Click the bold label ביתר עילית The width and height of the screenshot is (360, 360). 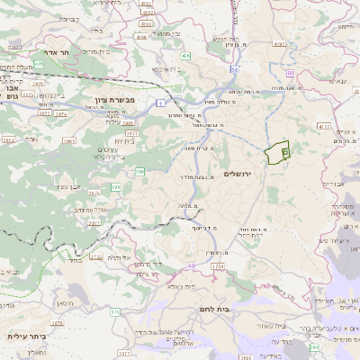pos(27,337)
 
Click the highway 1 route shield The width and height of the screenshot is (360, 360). pos(158,104)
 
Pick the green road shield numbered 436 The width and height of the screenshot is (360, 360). pos(185,56)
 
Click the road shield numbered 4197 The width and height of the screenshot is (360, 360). pos(279,42)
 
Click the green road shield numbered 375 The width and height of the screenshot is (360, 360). pos(114,311)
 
